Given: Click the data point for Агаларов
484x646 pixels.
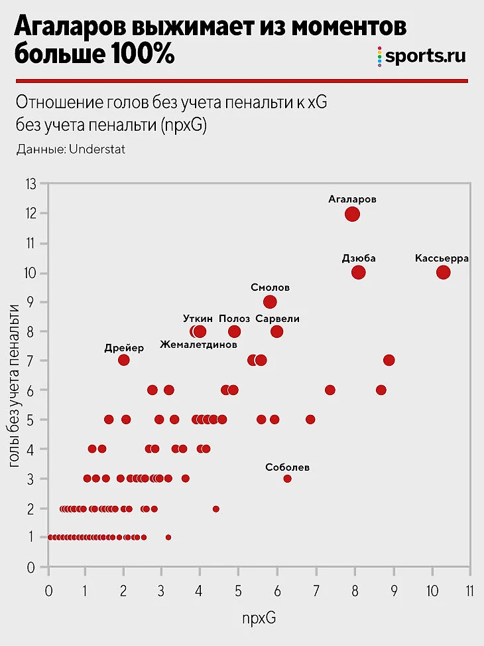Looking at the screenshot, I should pyautogui.click(x=352, y=214).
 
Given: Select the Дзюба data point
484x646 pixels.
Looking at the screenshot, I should pyautogui.click(x=359, y=272).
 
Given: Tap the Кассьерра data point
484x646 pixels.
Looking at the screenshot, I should pyautogui.click(x=444, y=272).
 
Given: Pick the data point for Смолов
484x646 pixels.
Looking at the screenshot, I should pyautogui.click(x=270, y=301).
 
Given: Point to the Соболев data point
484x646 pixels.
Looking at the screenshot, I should pyautogui.click(x=287, y=479).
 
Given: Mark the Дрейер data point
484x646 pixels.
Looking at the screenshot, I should pyautogui.click(x=123, y=360).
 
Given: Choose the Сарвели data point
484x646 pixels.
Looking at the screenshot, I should pyautogui.click(x=277, y=331).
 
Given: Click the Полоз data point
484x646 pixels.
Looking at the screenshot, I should pyautogui.click(x=234, y=331).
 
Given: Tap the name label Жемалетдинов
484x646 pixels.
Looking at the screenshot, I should pyautogui.click(x=198, y=345).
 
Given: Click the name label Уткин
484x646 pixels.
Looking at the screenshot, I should pyautogui.click(x=198, y=319).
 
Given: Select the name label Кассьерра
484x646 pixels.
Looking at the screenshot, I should pyautogui.click(x=442, y=258).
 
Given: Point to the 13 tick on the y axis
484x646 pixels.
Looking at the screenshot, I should pyautogui.click(x=30, y=184).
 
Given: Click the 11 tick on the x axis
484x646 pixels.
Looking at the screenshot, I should pyautogui.click(x=470, y=590).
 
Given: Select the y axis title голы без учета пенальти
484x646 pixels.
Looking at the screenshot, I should pyautogui.click(x=15, y=383).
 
